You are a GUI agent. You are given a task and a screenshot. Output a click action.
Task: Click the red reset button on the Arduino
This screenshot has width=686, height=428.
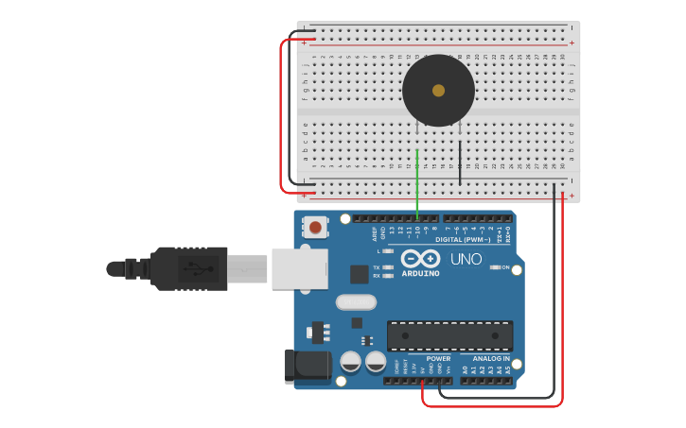315,227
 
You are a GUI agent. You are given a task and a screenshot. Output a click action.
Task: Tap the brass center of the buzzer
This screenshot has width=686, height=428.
438,91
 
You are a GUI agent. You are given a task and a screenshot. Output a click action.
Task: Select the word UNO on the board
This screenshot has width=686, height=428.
466,259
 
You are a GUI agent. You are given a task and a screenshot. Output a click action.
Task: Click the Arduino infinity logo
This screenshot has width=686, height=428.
420,258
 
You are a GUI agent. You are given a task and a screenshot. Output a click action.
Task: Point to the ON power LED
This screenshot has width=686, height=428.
495,267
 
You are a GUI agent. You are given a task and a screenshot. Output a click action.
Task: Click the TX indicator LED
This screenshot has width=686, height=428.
387,267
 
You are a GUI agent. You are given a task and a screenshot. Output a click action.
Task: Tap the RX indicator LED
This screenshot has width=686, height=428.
387,276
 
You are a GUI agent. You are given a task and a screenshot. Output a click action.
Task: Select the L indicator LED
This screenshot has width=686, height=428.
387,251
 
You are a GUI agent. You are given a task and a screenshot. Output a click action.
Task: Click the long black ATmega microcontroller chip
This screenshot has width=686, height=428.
450,335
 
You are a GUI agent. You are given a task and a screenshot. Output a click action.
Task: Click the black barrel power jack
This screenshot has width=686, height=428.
307,367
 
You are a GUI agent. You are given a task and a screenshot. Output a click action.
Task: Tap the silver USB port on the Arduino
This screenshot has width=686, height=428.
299,268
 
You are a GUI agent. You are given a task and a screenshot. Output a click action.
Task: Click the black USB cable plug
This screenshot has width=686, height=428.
189,268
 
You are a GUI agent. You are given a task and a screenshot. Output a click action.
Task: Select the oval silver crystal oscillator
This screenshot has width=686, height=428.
356,302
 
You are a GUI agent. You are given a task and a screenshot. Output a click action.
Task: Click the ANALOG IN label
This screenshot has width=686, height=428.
491,359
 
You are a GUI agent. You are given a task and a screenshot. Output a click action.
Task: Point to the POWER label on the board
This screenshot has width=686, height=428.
438,359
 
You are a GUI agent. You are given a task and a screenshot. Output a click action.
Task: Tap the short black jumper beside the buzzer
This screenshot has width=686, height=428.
460,161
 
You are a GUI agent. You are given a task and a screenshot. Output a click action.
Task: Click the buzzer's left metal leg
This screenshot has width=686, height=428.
417,132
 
